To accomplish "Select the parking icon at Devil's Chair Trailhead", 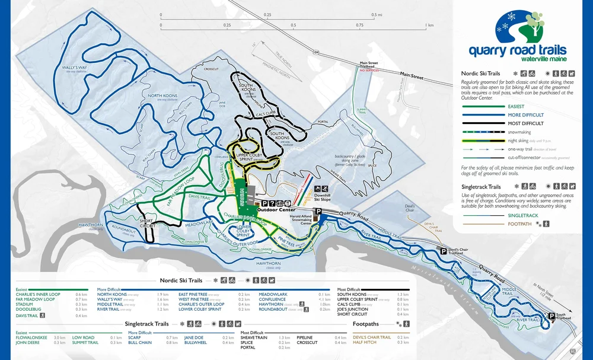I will point(443,251).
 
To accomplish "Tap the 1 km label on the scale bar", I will point(429,26).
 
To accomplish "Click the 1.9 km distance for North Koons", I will point(164,294).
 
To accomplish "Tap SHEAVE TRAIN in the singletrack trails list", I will point(253,337).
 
